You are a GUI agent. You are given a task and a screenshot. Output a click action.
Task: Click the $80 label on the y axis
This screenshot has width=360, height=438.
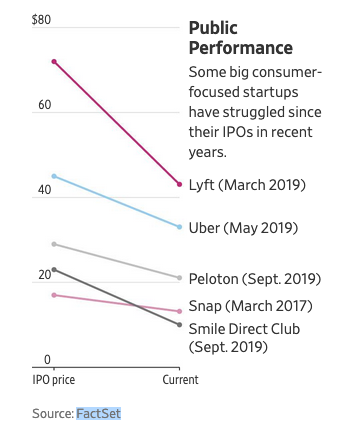(x=41, y=20)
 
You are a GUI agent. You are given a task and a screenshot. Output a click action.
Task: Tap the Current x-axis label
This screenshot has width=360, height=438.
(x=180, y=380)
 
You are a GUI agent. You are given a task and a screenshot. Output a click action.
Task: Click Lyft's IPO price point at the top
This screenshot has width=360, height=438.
(x=54, y=62)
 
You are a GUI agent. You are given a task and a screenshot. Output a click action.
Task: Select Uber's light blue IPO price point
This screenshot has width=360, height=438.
(x=54, y=176)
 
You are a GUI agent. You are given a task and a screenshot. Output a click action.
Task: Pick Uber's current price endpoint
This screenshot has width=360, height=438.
(x=179, y=227)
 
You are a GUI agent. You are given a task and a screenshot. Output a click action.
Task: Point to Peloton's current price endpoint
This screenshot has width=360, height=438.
(x=179, y=277)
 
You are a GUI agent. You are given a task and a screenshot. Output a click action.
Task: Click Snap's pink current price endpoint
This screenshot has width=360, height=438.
(x=179, y=311)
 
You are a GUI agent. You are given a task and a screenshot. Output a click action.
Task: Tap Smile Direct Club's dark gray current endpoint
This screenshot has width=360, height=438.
(x=179, y=325)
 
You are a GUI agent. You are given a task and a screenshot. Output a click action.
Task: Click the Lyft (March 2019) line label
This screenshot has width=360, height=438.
(x=247, y=185)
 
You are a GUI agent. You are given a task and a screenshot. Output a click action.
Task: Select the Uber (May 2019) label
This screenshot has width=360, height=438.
(x=243, y=228)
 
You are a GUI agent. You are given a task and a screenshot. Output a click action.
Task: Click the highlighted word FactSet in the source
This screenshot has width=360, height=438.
(x=98, y=413)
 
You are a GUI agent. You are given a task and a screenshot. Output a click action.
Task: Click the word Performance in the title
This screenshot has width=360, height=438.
(x=240, y=47)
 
